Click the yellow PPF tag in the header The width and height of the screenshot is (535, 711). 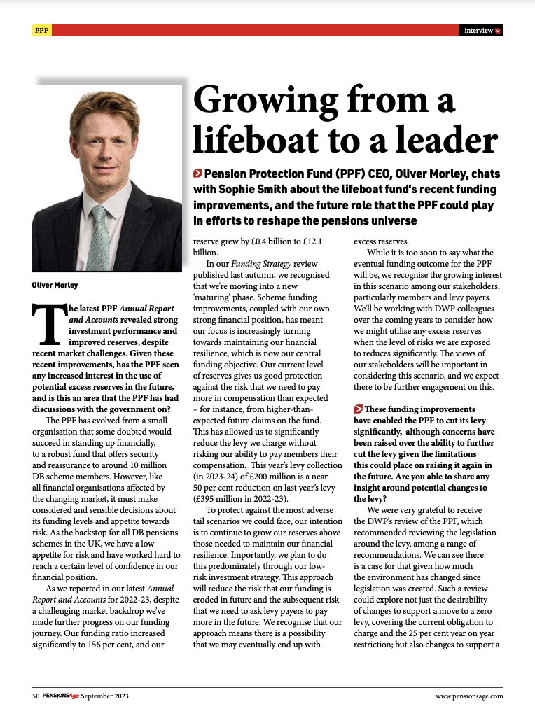[x=41, y=31]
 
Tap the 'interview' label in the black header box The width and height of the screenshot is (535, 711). [x=479, y=31]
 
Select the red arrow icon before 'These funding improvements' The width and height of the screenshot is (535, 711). [x=359, y=409]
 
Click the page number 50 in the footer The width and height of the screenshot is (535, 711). [x=35, y=696]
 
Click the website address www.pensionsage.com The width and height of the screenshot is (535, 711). [x=468, y=696]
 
